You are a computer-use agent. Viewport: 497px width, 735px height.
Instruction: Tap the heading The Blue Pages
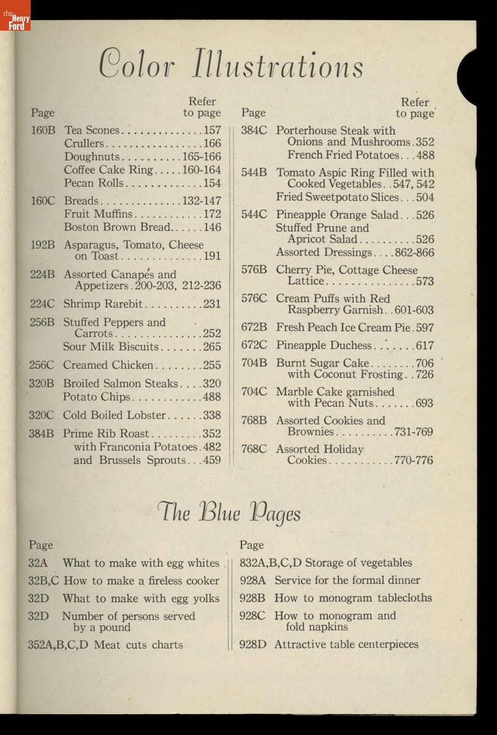[229, 512]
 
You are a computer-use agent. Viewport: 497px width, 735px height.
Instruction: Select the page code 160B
[43, 130]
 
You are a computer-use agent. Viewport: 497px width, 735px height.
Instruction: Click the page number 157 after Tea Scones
[212, 130]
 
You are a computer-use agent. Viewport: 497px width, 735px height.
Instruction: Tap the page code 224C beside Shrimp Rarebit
[42, 304]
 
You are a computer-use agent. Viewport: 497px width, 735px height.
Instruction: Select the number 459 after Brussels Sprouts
[212, 460]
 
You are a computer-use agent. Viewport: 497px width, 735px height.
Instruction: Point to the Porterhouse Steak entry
[336, 130]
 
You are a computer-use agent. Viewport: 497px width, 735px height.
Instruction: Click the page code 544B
[254, 173]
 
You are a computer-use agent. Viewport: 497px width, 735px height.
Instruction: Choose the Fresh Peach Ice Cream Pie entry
[346, 327]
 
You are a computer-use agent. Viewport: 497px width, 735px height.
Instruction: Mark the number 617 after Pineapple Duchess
[424, 345]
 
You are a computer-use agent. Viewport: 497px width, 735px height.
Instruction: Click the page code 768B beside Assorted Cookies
[254, 421]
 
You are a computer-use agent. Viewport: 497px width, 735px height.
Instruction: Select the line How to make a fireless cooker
[141, 581]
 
